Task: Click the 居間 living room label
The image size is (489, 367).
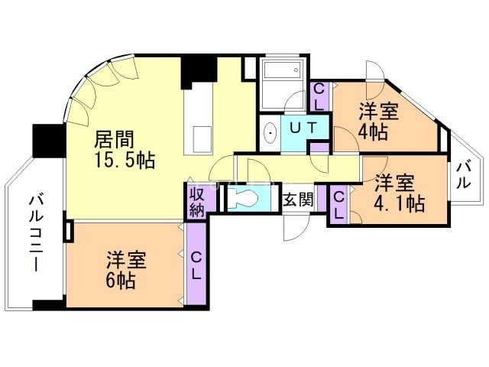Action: pos(115,140)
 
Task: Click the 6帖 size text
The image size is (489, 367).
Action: pos(121,281)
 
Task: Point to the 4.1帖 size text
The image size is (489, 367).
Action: pos(399,204)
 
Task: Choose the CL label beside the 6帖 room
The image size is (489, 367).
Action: pos(196,265)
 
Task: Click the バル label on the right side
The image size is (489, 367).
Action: pos(463,174)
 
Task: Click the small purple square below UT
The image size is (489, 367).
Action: pos(322,147)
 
